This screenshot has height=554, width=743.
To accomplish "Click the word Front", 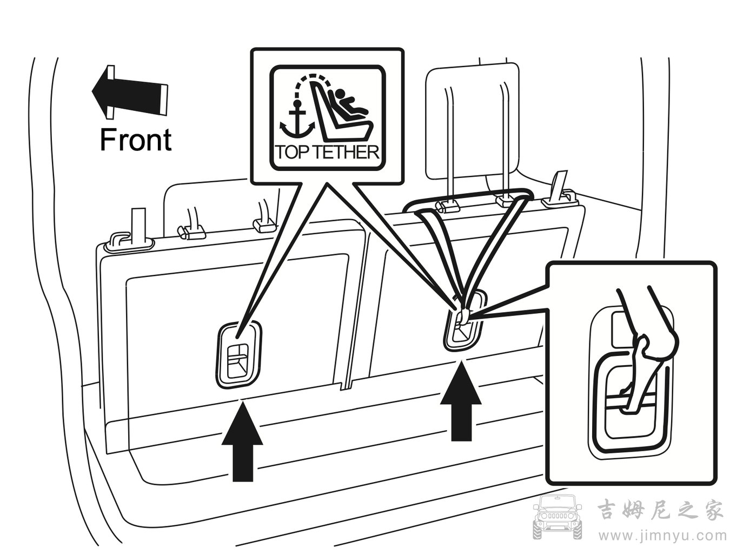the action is (x=136, y=140).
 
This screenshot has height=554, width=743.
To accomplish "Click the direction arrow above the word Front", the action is (x=130, y=92).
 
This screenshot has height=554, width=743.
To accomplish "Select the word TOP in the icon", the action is (x=293, y=153).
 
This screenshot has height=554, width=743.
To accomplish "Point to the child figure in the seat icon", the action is (x=349, y=103).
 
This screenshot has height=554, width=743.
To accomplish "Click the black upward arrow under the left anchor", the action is (x=242, y=440).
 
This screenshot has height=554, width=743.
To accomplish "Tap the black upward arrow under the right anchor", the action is (x=461, y=400).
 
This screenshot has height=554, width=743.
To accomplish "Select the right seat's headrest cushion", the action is (x=473, y=121).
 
